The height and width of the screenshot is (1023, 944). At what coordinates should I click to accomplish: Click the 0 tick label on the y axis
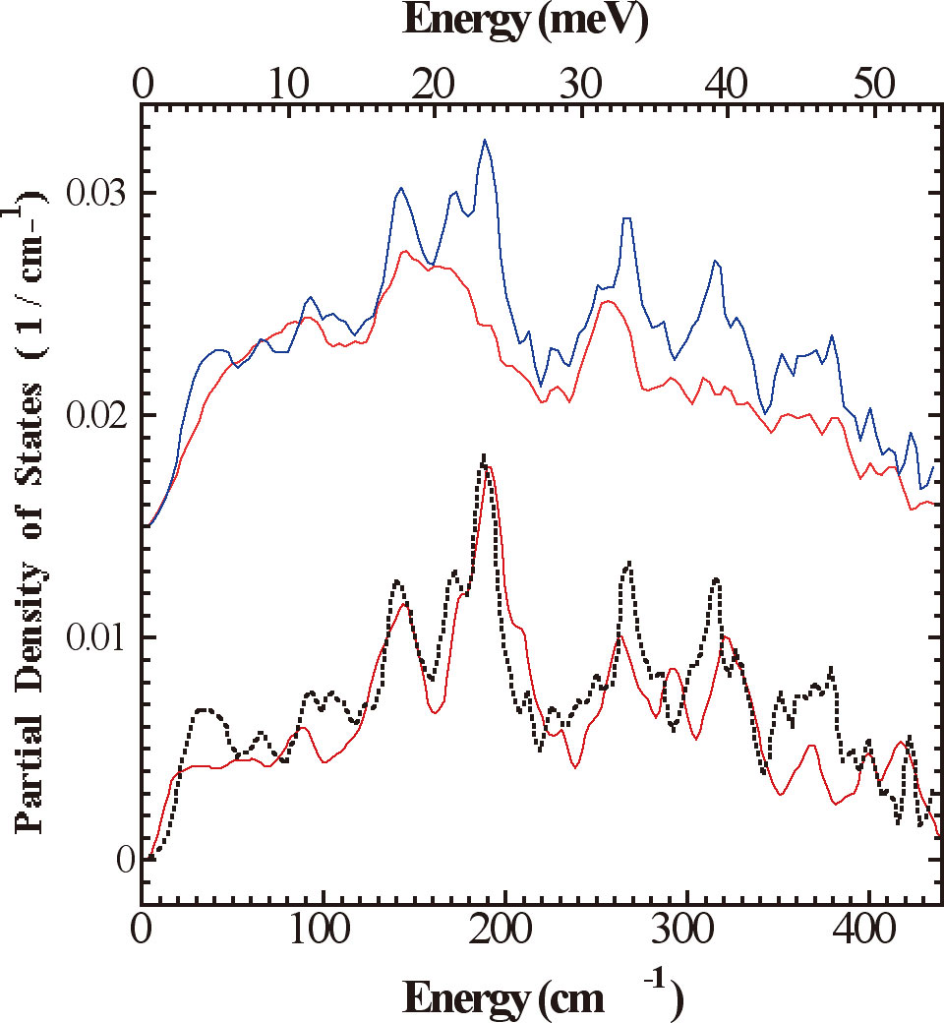pos(122,860)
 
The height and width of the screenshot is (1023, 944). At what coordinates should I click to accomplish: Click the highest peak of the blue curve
pos(485,140)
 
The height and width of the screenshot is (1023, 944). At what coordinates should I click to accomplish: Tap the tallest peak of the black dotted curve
pos(484,455)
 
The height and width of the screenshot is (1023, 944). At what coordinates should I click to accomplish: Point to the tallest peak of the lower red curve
pos(490,466)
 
